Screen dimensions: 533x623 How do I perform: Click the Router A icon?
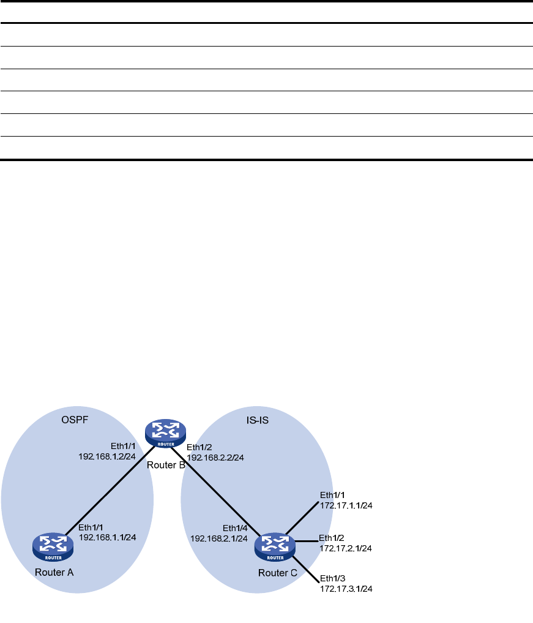point(53,546)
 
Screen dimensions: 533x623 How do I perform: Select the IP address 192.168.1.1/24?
point(107,537)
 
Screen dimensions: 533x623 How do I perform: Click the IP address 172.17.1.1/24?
point(346,505)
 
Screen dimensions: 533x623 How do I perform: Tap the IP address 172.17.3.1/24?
point(346,589)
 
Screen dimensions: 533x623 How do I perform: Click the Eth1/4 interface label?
point(235,528)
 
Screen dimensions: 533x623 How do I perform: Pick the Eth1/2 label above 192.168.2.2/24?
point(199,448)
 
